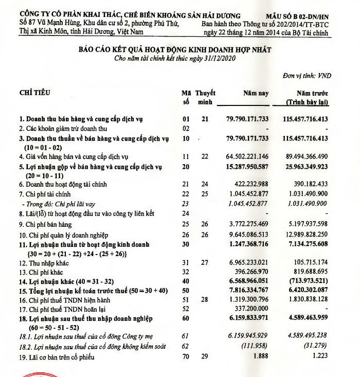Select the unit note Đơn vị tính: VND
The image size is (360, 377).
coord(307,76)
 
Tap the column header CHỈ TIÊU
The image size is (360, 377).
coord(36,93)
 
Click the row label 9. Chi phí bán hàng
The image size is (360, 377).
coord(46,224)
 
